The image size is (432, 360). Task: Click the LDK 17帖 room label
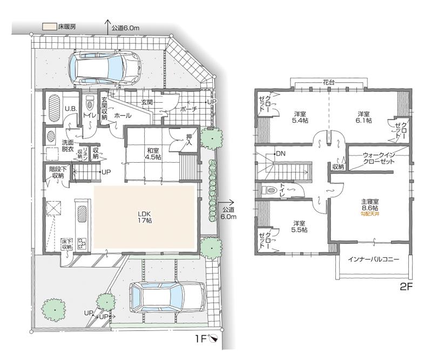click(x=144, y=216)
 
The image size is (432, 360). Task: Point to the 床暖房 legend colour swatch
click(x=49, y=25)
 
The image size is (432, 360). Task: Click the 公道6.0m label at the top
click(x=125, y=27)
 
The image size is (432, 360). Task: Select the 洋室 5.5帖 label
click(x=300, y=226)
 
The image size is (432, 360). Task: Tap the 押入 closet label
click(x=188, y=141)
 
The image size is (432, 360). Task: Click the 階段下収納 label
click(x=53, y=172)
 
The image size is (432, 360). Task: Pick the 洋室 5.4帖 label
click(x=300, y=117)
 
